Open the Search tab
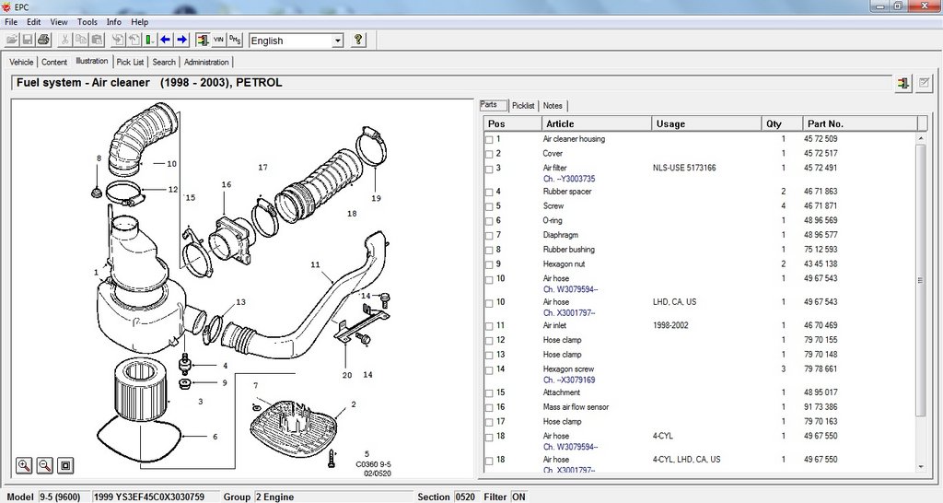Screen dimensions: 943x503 point(164,62)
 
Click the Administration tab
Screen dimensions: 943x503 point(206,62)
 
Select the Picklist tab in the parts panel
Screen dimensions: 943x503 point(523,106)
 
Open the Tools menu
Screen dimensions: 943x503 point(87,22)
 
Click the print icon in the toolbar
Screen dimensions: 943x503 point(43,41)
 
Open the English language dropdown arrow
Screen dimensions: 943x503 point(338,41)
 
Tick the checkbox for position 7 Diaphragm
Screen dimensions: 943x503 point(489,236)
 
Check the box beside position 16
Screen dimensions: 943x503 point(489,408)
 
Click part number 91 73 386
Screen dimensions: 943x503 point(821,407)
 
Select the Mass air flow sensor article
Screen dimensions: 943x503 point(576,407)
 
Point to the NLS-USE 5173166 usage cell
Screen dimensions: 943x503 point(684,168)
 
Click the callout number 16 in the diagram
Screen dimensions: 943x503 point(227,185)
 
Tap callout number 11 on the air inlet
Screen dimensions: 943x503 point(315,264)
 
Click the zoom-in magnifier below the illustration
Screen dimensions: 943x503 point(24,465)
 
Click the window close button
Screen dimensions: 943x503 point(926,6)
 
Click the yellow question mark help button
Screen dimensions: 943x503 point(358,41)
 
